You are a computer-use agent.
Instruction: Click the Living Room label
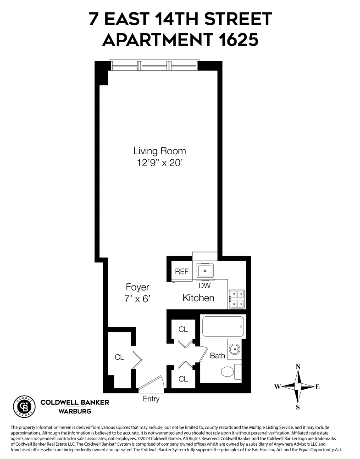[x=159, y=151]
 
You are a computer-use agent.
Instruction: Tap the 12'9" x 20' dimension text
[x=159, y=162]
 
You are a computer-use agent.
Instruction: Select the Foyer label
[x=138, y=287]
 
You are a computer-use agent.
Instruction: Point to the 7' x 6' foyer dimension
[x=138, y=298]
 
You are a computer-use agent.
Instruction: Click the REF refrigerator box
[x=182, y=271]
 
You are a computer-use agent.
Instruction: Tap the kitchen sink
[x=205, y=271]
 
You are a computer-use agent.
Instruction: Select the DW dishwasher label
[x=205, y=285]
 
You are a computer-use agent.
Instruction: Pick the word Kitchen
[x=198, y=298]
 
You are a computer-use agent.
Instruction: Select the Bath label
[x=217, y=355]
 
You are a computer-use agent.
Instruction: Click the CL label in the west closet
[x=119, y=358]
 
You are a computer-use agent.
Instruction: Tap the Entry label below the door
[x=151, y=399]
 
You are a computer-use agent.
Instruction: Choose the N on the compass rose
[x=298, y=367]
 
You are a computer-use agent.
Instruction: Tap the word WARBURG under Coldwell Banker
[x=75, y=411]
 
